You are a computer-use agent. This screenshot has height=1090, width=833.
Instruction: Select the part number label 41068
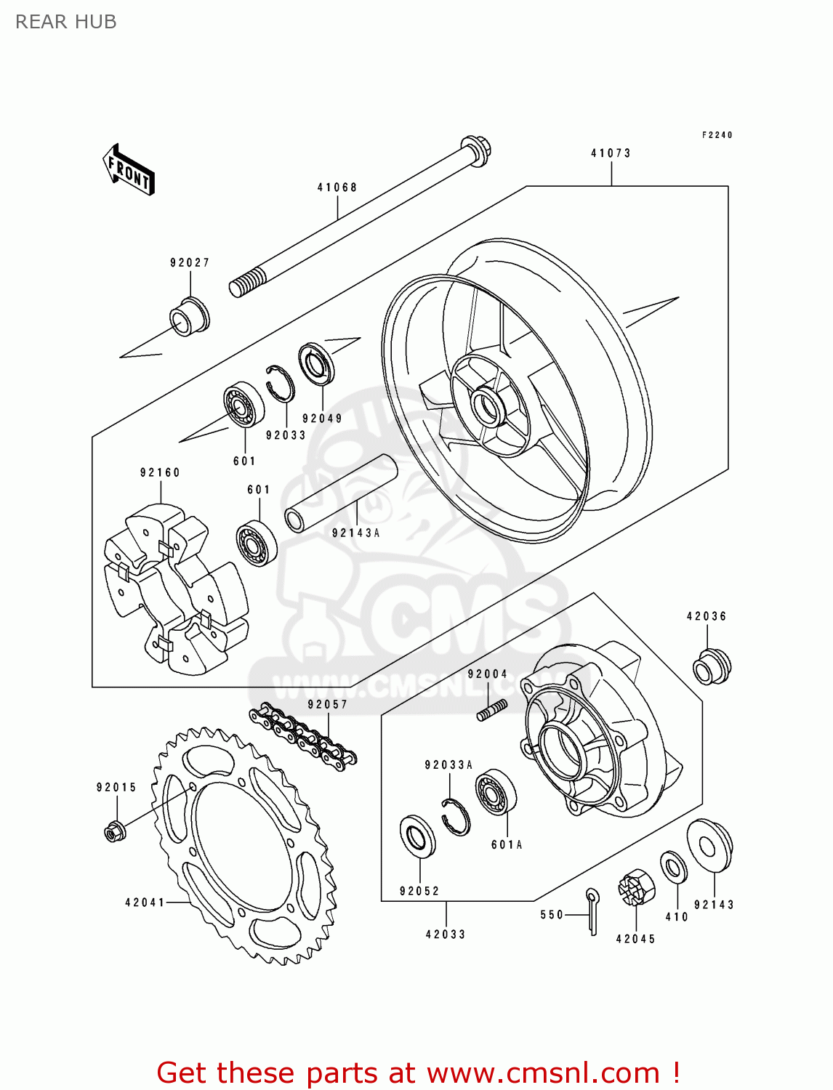337,187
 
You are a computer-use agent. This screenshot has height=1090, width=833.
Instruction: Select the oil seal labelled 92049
317,363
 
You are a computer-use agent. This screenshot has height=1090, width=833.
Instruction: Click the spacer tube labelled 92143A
342,493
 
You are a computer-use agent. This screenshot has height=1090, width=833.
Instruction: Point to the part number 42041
145,903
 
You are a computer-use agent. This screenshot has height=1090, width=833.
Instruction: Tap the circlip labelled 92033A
456,817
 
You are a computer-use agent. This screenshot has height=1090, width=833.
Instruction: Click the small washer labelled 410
674,868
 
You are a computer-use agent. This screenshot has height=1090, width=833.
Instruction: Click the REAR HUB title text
66,22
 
